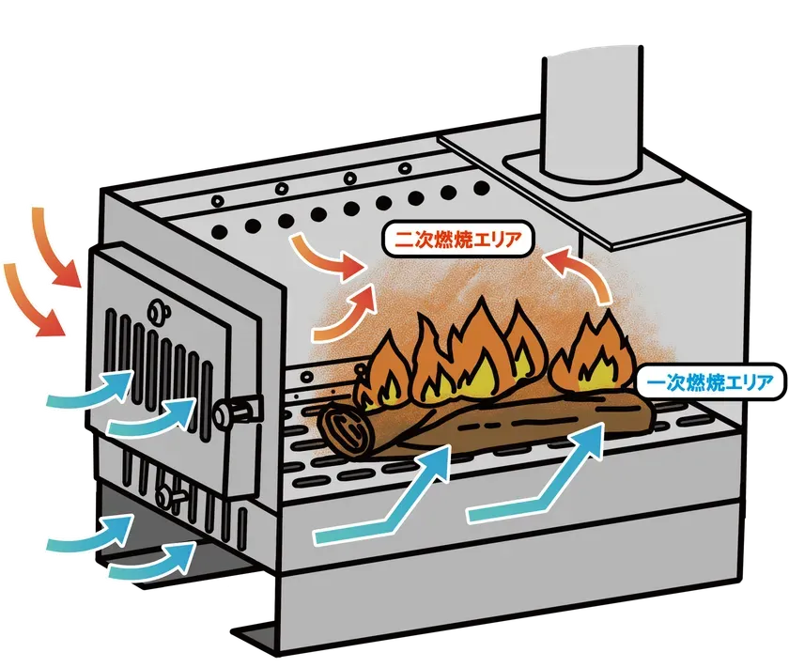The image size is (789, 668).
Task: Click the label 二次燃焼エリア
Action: [457, 239]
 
